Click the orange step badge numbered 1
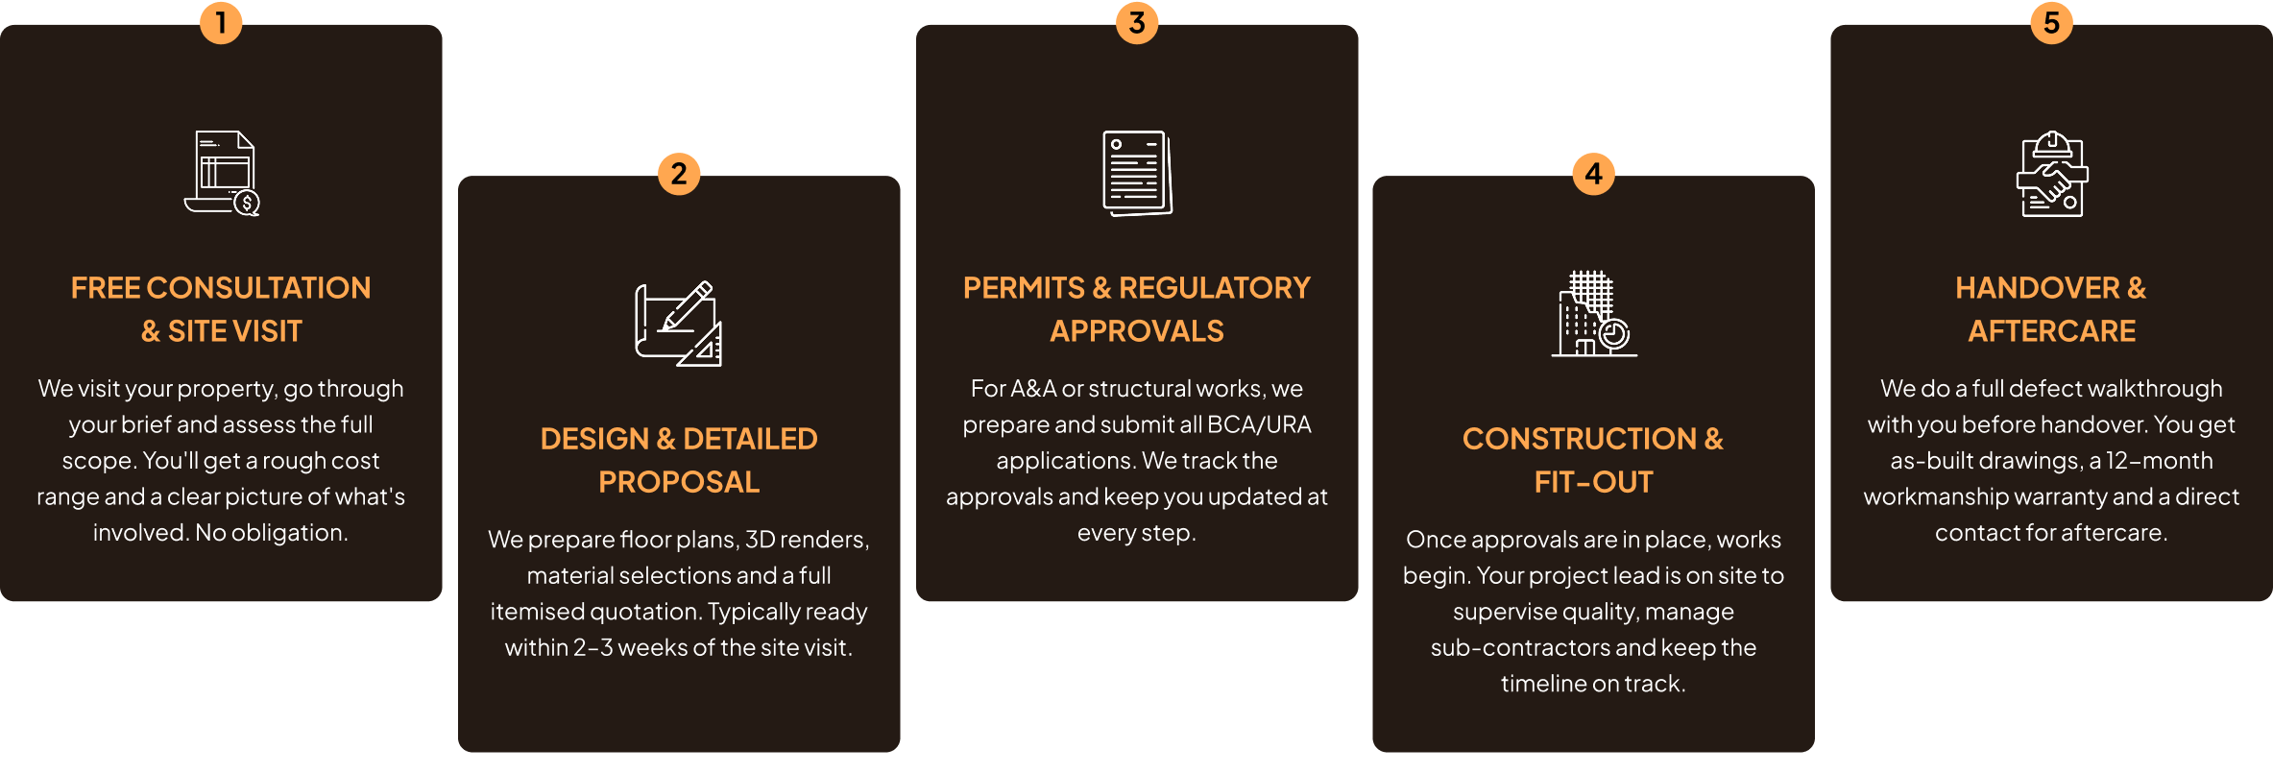click(x=221, y=22)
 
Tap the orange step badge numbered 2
click(x=679, y=174)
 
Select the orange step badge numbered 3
click(x=1137, y=22)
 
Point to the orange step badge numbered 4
click(x=1594, y=174)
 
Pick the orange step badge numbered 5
click(x=2052, y=22)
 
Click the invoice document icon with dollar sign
click(x=222, y=174)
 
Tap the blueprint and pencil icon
click(x=678, y=324)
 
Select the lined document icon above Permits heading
click(x=1137, y=174)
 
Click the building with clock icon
click(x=1594, y=314)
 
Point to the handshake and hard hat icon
click(x=2052, y=174)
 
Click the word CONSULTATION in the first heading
click(x=258, y=288)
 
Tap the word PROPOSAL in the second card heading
click(x=679, y=482)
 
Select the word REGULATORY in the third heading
click(x=1215, y=288)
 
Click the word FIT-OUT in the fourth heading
click(x=1594, y=482)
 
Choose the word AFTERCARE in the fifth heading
click(x=2052, y=331)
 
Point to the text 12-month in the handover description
click(x=2160, y=461)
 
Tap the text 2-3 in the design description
click(x=592, y=648)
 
